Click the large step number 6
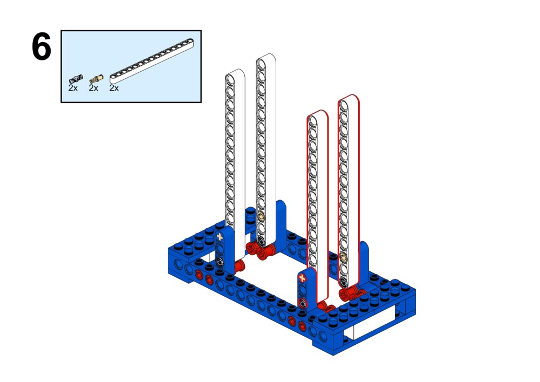tap(42, 46)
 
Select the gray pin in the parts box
tap(76, 79)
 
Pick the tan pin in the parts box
tap(97, 79)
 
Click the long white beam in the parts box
tap(152, 61)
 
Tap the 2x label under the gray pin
tap(73, 88)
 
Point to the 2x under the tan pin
tap(93, 88)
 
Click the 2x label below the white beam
tap(114, 88)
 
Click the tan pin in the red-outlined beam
tap(343, 257)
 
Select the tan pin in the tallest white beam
tap(261, 216)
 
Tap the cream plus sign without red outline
tap(220, 237)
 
